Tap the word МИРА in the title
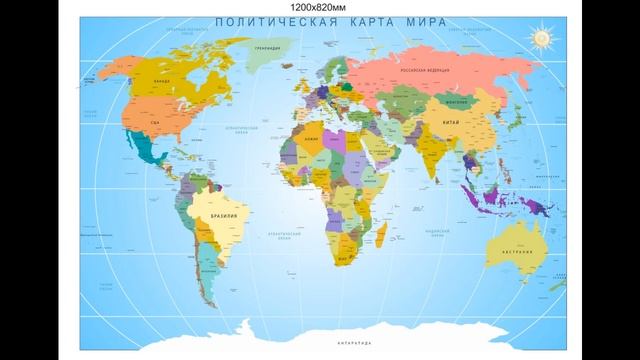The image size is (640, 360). tap(421, 22)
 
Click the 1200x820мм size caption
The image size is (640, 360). tap(319, 7)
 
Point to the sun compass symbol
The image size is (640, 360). tap(542, 38)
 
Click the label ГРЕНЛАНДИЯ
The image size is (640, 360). tap(266, 47)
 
